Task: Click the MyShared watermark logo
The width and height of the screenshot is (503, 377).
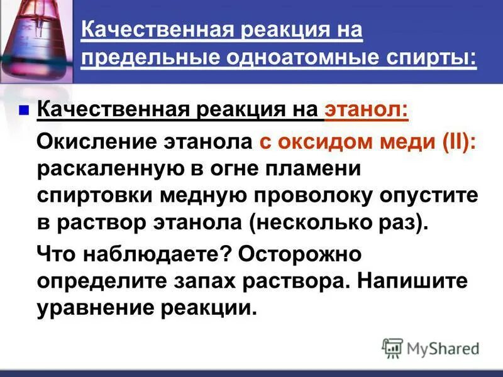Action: pos(431,347)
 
